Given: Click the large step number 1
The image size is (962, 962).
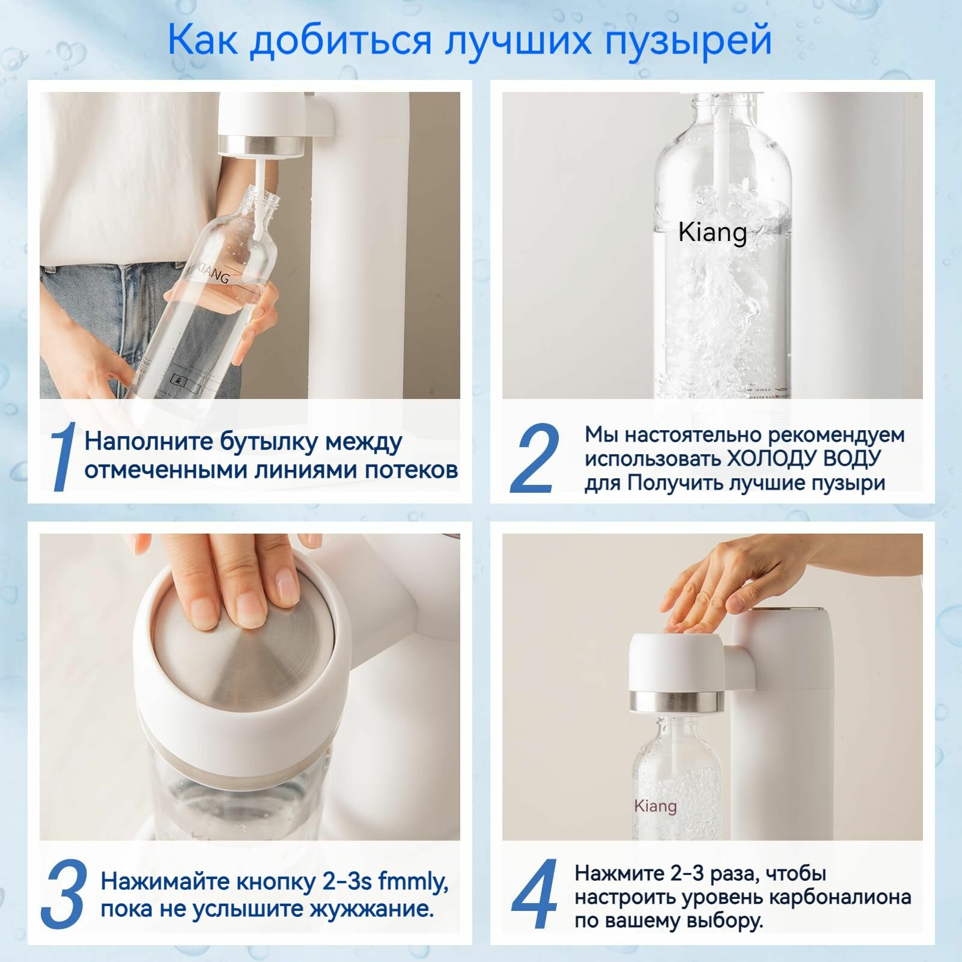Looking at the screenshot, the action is coord(63,457).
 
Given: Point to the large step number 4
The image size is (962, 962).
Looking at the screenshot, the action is coord(535,895).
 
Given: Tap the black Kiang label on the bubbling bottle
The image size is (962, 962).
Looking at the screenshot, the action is coord(713,233).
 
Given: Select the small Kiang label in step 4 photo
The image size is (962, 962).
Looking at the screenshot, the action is coord(655,806).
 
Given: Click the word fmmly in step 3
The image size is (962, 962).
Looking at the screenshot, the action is coord(414,881).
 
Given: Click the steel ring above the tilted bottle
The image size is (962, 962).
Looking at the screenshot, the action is coord(261,145).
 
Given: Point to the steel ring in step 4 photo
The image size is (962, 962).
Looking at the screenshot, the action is coord(677,701).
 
